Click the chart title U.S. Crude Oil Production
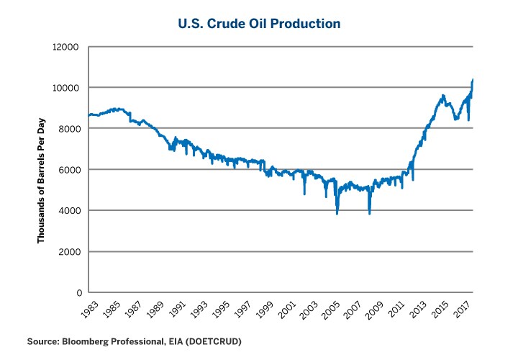pos(259,24)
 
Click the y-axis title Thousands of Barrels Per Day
pos(42,170)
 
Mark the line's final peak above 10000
pos(472,79)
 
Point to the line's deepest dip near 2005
pos(337,214)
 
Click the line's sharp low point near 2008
pos(369,214)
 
